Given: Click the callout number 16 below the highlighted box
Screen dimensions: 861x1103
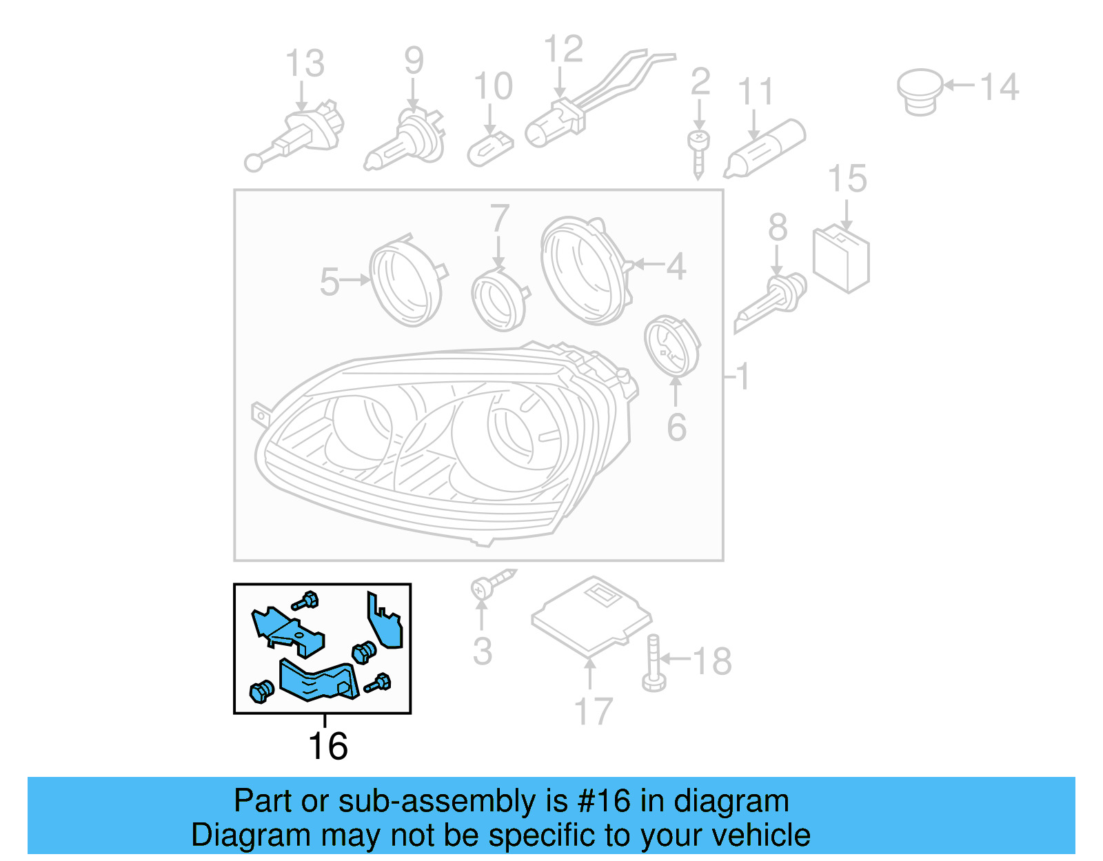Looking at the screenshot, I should pyautogui.click(x=327, y=747).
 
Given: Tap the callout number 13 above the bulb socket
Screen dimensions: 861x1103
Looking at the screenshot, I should pyautogui.click(x=305, y=63).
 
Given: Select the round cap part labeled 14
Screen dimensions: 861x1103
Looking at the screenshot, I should pyautogui.click(x=920, y=91).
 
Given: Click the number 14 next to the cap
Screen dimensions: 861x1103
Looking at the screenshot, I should pyautogui.click(x=999, y=88).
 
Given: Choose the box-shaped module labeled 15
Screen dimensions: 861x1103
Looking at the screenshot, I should pyautogui.click(x=841, y=259).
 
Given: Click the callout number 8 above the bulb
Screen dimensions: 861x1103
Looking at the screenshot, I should pyautogui.click(x=778, y=227).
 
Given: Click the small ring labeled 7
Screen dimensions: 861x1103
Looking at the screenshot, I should pyautogui.click(x=498, y=300).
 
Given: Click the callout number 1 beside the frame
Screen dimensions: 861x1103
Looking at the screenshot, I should pyautogui.click(x=742, y=377).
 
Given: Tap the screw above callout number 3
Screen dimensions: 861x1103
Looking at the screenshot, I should pyautogui.click(x=491, y=585).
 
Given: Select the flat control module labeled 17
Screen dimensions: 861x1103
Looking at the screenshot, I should pyautogui.click(x=591, y=616).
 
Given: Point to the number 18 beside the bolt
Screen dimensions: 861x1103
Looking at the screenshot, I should pyautogui.click(x=711, y=662).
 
